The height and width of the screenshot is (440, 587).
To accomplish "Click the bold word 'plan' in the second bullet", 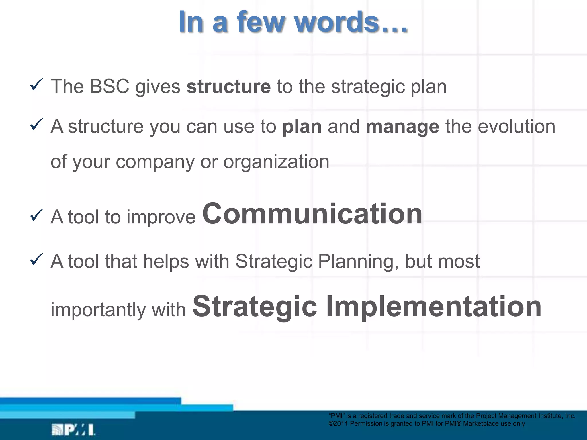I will click(302, 127).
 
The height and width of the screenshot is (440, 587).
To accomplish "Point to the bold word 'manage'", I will click(402, 127).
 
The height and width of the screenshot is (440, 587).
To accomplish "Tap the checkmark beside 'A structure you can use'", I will click(36, 125).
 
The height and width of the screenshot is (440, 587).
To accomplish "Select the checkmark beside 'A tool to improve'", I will click(36, 215).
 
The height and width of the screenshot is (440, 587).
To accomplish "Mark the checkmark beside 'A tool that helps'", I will click(36, 259).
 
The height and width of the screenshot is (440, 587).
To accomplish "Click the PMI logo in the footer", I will click(73, 430).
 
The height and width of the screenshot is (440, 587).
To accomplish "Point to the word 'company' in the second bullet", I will click(155, 162).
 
